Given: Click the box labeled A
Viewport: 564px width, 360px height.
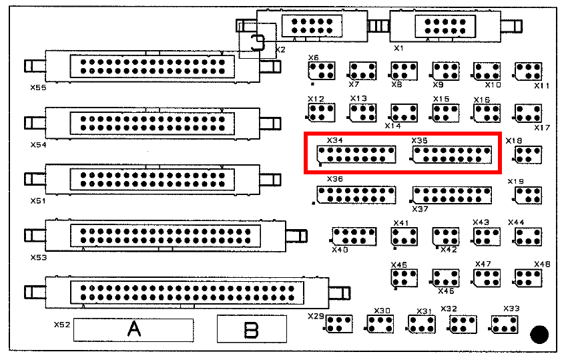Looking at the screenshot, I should (133, 330).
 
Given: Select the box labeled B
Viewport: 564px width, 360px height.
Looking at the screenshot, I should (252, 329).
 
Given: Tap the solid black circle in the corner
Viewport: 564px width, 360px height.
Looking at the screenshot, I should (539, 334).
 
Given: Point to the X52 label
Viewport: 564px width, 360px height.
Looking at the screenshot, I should (62, 325).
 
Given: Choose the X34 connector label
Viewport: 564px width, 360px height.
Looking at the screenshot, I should (335, 141).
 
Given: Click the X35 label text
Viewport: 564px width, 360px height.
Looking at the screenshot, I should (419, 141).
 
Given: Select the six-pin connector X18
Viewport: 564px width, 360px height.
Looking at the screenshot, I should (528, 155).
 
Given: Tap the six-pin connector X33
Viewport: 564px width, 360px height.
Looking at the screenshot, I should (505, 325).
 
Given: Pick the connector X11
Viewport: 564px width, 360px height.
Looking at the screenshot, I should (528, 71).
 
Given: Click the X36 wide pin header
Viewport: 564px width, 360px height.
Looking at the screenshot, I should (356, 194).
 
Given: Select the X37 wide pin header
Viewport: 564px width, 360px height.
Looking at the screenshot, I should (453, 194).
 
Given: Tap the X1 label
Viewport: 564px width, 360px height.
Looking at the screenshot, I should (398, 48).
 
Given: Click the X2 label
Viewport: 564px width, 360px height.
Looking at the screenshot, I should (280, 50).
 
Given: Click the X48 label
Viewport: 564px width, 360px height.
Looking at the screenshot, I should (542, 264).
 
